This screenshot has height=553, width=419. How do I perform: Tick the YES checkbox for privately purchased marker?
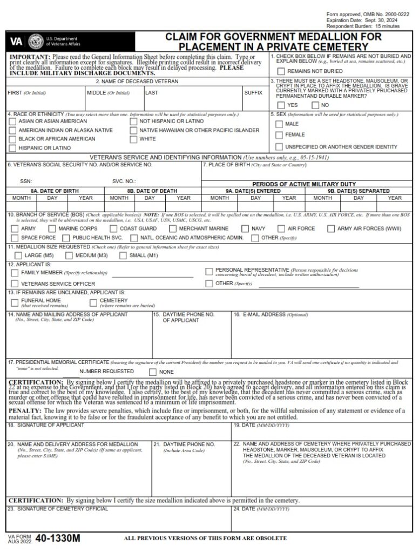(281, 105)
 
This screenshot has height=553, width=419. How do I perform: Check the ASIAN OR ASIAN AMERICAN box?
(13, 122)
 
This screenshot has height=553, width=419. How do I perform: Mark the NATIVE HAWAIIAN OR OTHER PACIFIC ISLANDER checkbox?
(133, 130)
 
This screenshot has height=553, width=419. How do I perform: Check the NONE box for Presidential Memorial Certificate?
(152, 372)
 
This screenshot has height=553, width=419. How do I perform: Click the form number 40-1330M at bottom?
(58, 538)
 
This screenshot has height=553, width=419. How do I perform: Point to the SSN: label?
(26, 181)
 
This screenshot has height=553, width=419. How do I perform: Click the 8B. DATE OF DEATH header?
(152, 191)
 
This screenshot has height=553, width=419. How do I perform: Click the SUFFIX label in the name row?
(253, 93)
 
